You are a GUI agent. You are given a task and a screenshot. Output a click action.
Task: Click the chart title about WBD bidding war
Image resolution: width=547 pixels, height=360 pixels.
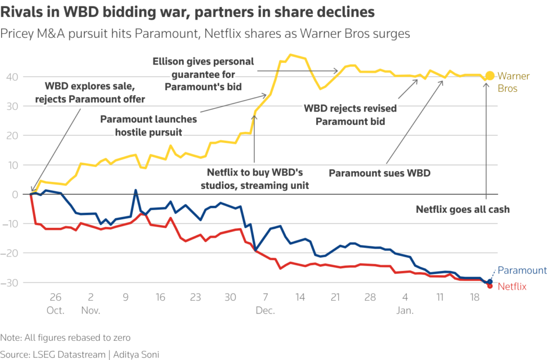(187, 12)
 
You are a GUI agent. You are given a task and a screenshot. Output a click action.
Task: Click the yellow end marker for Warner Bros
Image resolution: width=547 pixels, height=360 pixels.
(490, 76)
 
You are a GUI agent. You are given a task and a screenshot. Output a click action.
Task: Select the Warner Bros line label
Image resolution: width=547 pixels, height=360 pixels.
(513, 82)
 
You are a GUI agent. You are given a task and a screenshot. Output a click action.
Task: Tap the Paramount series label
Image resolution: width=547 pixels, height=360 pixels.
(522, 270)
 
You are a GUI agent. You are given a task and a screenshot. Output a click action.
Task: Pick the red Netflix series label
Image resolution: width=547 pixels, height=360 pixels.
(512, 286)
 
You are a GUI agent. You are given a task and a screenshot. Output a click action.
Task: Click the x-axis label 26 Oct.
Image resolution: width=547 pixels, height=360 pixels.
(56, 302)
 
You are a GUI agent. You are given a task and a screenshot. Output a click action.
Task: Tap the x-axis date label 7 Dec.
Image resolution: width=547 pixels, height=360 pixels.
(264, 302)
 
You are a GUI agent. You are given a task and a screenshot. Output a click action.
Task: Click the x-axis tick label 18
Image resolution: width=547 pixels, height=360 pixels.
(474, 297)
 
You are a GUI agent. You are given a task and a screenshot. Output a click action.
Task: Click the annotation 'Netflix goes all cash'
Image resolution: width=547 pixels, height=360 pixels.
(462, 210)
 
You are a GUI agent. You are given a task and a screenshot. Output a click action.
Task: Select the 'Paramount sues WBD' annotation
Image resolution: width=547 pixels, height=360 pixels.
(379, 173)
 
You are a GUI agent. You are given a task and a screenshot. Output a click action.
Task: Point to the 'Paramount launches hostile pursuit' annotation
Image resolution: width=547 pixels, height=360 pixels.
(148, 125)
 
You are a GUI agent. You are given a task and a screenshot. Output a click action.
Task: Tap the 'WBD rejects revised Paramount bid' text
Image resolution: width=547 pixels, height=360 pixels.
(350, 115)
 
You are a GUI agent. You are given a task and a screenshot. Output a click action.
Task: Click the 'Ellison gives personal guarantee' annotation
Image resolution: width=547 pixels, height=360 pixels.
(203, 74)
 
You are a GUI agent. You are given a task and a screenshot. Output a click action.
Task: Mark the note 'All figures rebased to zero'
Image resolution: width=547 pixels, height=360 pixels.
(66, 337)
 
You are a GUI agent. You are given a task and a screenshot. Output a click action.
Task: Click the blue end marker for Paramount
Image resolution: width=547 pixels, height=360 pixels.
(490, 282)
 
